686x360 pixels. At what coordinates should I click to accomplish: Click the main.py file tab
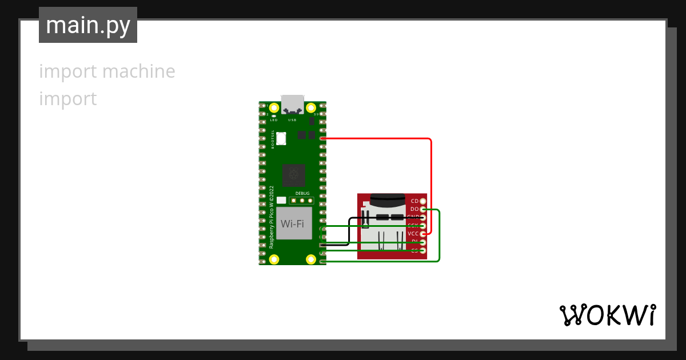click(88, 25)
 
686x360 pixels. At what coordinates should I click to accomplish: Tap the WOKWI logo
click(607, 315)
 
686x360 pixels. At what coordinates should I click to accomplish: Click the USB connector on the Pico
click(292, 105)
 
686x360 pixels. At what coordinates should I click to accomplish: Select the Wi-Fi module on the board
click(292, 223)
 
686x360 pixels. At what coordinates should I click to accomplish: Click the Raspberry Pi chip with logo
click(293, 175)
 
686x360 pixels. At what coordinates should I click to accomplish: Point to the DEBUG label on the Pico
click(302, 194)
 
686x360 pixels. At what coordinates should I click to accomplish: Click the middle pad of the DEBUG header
click(302, 201)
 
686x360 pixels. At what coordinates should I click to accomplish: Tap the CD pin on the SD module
click(422, 201)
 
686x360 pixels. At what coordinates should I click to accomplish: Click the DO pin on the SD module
click(422, 210)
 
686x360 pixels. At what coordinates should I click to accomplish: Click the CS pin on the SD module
click(422, 251)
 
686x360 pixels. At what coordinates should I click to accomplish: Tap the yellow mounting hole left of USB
click(274, 107)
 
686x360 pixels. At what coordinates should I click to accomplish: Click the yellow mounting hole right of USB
click(311, 107)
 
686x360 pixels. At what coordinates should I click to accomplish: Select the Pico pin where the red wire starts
click(323, 138)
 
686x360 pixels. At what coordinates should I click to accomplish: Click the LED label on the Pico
click(274, 120)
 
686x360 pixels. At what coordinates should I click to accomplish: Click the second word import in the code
click(67, 99)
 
